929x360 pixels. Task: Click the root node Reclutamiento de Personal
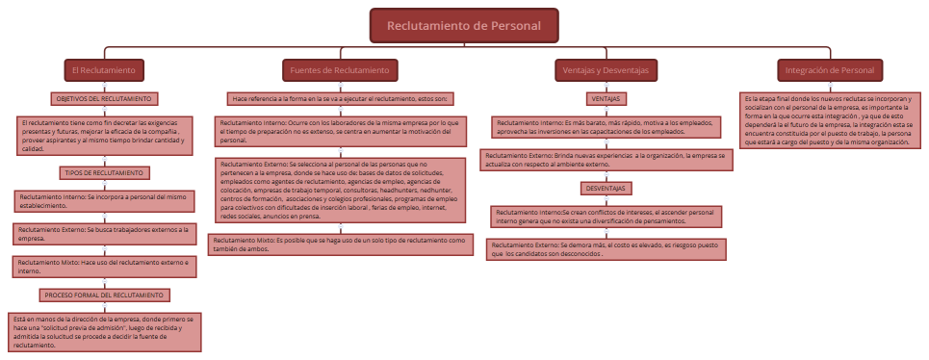click(464, 26)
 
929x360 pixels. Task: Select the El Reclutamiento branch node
click(106, 70)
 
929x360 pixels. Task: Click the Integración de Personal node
click(830, 70)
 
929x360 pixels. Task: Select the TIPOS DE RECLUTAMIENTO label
click(104, 173)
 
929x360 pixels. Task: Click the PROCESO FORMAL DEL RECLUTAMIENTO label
click(105, 295)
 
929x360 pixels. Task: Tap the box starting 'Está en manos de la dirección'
click(105, 330)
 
